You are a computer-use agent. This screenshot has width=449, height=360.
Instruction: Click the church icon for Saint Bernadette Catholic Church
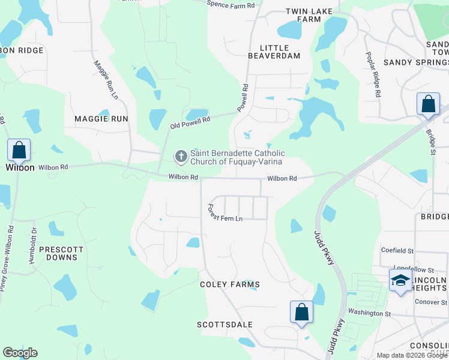[x=181, y=157]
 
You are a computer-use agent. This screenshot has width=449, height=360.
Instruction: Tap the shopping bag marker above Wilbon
[x=19, y=150]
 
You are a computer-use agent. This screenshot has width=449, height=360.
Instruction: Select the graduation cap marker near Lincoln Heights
[x=400, y=280]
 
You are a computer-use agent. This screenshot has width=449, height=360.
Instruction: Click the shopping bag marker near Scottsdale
[x=301, y=312]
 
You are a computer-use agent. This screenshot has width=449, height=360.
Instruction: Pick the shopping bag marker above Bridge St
[x=429, y=104]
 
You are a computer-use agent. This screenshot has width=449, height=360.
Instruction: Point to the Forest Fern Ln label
[x=225, y=213]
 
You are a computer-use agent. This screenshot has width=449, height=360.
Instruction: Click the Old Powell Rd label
[x=190, y=122]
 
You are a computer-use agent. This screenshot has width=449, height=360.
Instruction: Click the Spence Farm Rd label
[x=231, y=4]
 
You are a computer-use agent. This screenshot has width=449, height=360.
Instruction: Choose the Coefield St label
[x=397, y=250]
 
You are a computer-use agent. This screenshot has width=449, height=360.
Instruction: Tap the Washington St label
[x=370, y=313]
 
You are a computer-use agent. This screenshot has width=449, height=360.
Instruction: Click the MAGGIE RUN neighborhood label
[x=101, y=119]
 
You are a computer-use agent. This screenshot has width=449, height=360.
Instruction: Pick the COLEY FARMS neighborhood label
[x=230, y=284]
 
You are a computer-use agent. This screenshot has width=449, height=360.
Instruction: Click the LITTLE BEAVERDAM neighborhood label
[x=274, y=52]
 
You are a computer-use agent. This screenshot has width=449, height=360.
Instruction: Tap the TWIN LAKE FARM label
[x=303, y=15]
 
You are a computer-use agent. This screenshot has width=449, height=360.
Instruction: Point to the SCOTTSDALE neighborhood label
[x=225, y=325]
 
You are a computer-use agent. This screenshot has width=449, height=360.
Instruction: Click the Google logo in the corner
[x=20, y=353]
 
